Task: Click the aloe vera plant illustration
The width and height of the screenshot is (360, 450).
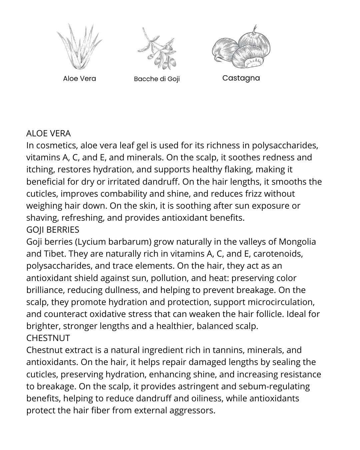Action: [x=79, y=47]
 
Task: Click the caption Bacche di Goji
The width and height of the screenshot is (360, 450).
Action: [x=157, y=79]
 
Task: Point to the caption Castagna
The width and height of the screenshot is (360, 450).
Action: [x=241, y=78]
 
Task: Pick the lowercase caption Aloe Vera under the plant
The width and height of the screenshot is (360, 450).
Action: [x=79, y=79]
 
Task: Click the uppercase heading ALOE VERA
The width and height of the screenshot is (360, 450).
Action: [x=48, y=133]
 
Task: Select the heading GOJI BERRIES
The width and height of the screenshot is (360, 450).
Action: [x=53, y=230]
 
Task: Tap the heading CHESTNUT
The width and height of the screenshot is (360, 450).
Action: [x=48, y=338]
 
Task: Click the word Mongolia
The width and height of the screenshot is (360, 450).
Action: [x=297, y=242]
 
